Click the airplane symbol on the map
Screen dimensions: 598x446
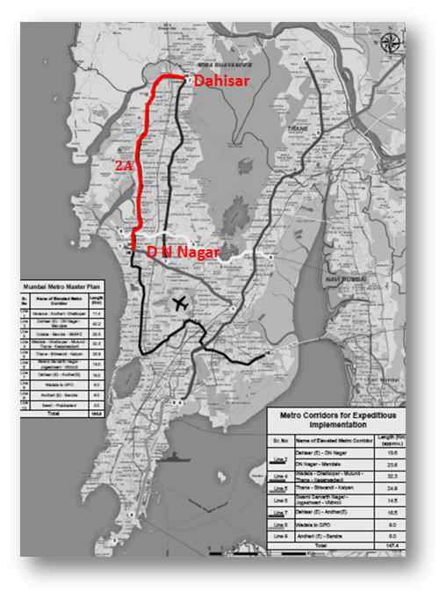tap(181, 304)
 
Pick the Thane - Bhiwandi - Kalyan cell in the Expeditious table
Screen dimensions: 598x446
tap(328, 487)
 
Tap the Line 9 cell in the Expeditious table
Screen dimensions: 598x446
tap(281, 534)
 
